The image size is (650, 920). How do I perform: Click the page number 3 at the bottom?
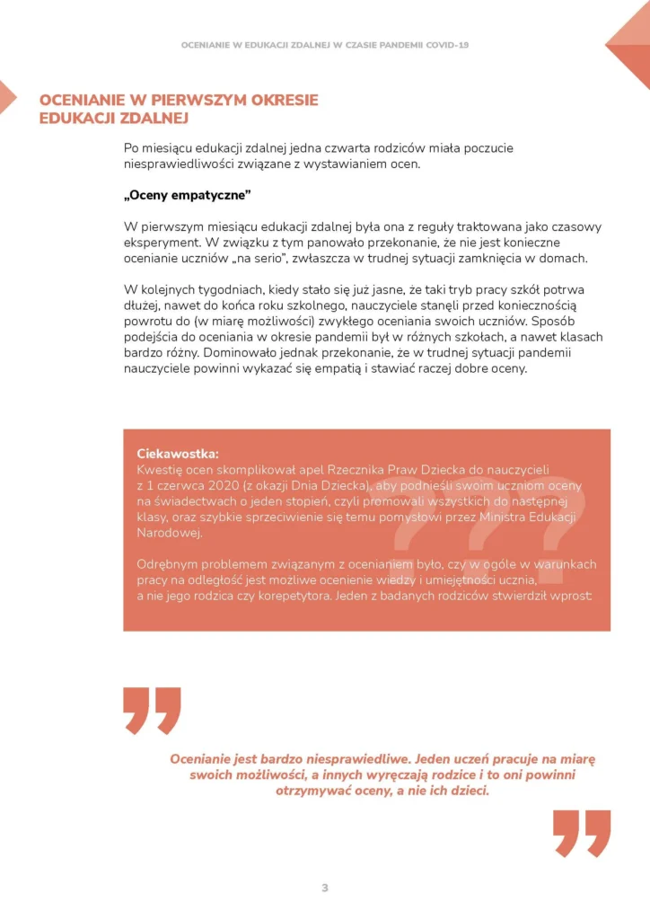[x=325, y=889]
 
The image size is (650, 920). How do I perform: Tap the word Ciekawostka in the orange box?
[x=177, y=454]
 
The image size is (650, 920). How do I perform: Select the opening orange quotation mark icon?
[x=152, y=710]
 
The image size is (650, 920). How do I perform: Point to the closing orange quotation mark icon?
[x=582, y=833]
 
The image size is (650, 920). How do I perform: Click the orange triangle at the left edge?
[x=7, y=97]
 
